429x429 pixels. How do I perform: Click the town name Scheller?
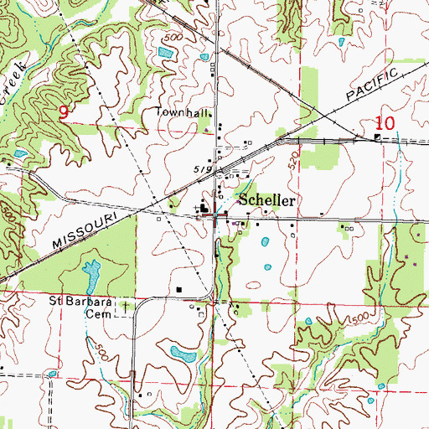click(266, 201)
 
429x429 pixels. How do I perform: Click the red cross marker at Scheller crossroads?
click(217, 217)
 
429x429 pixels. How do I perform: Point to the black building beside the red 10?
click(378, 137)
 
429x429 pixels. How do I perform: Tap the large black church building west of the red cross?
click(204, 209)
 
